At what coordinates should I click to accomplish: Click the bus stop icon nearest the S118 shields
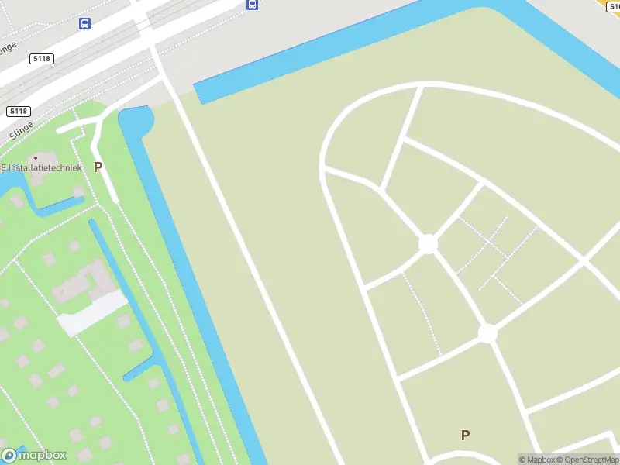(x=84, y=23)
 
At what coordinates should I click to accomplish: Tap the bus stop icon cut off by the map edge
(x=252, y=4)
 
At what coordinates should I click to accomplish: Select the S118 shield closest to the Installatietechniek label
(x=19, y=112)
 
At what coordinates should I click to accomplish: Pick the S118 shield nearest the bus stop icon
(x=41, y=58)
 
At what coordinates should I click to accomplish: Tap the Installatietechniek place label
(x=42, y=167)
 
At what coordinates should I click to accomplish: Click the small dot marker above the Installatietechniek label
(x=35, y=158)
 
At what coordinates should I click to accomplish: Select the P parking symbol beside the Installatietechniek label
(x=98, y=167)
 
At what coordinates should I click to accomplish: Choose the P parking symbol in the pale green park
(x=465, y=435)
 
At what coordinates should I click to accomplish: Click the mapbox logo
(x=34, y=455)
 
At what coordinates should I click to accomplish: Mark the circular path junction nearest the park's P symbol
(x=487, y=333)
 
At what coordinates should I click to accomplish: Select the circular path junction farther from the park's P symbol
(x=428, y=243)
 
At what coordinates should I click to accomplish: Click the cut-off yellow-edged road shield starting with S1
(x=612, y=4)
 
